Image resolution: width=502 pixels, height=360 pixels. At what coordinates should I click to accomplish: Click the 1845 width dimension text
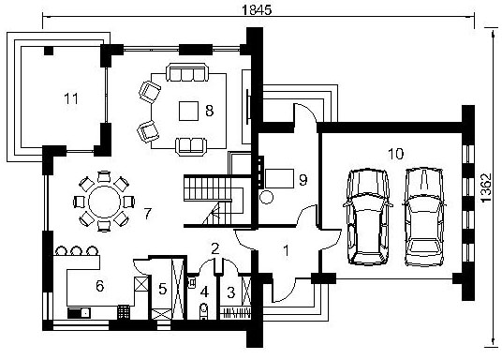tap(257, 9)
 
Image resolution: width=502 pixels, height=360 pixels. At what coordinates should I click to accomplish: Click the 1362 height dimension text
tap(486, 187)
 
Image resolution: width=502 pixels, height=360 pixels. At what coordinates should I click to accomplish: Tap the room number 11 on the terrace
tap(71, 98)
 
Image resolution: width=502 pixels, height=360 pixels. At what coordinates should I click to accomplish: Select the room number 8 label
tap(210, 111)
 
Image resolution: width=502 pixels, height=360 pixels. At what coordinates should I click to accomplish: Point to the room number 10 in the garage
tap(396, 154)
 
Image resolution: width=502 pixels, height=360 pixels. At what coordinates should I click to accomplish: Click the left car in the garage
tap(368, 217)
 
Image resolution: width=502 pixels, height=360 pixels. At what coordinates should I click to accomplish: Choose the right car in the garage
tap(424, 217)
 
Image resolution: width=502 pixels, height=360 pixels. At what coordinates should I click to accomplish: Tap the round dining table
tap(104, 201)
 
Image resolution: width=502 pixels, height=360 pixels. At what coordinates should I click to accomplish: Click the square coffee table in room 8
tap(188, 111)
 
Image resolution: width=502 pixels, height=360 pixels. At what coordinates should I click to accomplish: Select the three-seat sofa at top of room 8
tap(187, 72)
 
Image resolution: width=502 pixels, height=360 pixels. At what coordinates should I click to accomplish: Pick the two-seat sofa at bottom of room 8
tap(191, 146)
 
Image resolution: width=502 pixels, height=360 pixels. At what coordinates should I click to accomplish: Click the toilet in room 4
tap(203, 310)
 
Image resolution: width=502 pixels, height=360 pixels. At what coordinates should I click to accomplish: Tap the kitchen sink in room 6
tap(79, 313)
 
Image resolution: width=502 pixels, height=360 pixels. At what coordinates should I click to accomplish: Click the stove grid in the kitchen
tap(124, 312)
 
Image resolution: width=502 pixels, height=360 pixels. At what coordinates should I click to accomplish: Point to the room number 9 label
tap(303, 180)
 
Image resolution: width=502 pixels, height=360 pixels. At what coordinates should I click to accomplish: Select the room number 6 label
tap(100, 286)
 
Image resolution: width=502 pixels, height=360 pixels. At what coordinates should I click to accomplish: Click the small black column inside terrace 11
tap(49, 51)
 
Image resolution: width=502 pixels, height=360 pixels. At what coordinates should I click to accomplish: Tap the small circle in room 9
tap(266, 197)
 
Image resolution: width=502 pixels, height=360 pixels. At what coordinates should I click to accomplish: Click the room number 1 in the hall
tap(287, 251)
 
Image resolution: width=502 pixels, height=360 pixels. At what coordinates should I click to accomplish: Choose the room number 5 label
tap(163, 289)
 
